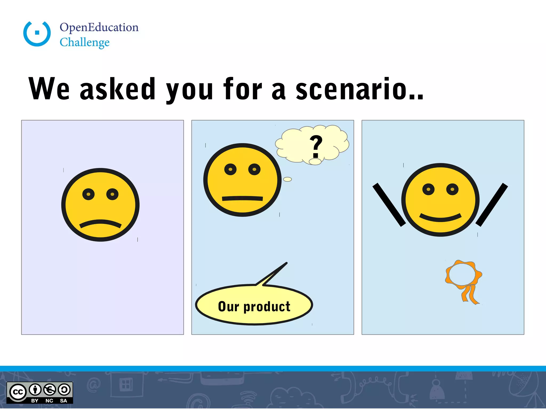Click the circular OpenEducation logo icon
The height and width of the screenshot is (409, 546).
pos(37,34)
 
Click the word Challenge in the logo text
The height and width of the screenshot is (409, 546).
pos(85,42)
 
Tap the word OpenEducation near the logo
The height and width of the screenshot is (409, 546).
pos(99,27)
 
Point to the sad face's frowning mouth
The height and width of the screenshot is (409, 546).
pos(101,223)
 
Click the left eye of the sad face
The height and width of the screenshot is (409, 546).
pos(89,194)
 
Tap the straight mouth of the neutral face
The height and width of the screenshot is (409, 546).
pos(242,198)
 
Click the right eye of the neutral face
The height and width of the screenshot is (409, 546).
pos(254,169)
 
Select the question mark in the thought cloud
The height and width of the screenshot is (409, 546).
pos(316,146)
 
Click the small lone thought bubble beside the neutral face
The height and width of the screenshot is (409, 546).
pos(287,179)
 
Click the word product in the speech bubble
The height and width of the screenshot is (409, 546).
pos(267,306)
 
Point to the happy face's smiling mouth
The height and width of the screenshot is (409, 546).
pos(440,218)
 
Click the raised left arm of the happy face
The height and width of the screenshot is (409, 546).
pos(389,204)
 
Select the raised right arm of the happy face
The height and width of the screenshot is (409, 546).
pos(492,204)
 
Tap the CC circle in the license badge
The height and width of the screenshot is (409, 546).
pos(18,392)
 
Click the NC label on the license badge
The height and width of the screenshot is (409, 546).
pos(49,401)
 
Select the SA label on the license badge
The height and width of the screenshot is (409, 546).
pos(63,401)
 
